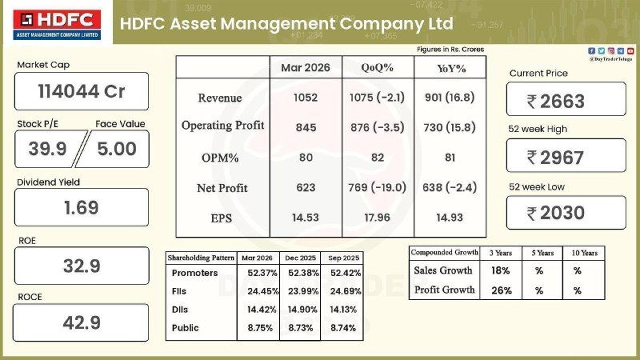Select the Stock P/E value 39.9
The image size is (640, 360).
(46, 148)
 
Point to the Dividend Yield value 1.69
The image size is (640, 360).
(82, 207)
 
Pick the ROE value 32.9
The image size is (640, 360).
(82, 266)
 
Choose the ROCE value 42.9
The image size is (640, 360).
(82, 323)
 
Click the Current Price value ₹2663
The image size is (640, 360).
(566, 101)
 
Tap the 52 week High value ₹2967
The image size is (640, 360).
(566, 157)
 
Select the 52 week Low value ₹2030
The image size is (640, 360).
(566, 213)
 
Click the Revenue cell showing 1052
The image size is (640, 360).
(306, 98)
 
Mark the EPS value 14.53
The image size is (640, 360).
(306, 218)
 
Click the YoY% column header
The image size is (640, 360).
(450, 69)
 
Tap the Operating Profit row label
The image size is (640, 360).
(222, 126)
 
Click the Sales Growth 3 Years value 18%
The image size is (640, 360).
(501, 270)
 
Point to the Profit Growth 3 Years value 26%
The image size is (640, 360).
(501, 290)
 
